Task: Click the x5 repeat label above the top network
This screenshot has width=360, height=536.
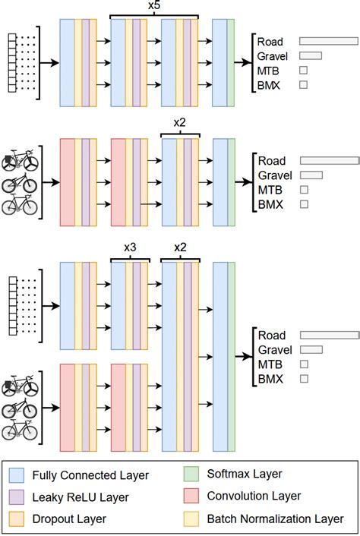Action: tap(154, 6)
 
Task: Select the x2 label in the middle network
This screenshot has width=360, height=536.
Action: tap(180, 122)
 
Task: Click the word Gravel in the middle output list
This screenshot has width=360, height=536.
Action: tap(275, 175)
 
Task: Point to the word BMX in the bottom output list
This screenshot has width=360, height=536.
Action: tap(270, 378)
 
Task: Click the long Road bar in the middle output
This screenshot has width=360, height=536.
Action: tap(329, 161)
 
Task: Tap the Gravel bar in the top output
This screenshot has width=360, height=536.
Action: tap(311, 55)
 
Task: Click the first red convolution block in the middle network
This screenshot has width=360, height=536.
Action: tap(66, 182)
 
